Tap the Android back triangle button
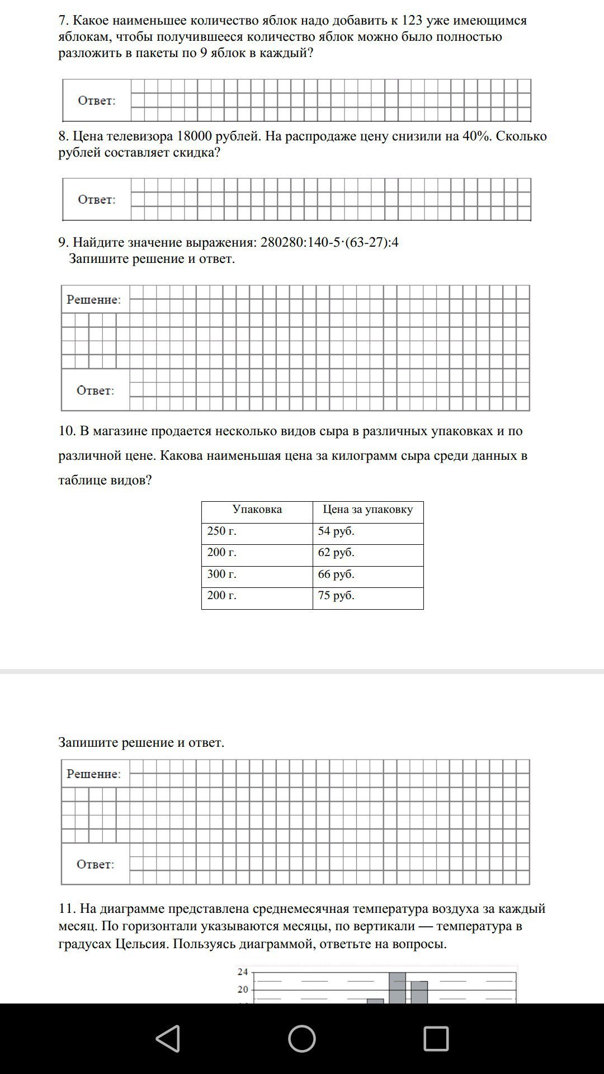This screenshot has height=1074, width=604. [168, 1038]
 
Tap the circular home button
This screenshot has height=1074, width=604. [302, 1038]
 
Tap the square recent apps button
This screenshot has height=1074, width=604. [436, 1038]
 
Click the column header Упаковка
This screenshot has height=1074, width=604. [257, 510]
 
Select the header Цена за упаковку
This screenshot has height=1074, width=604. [368, 510]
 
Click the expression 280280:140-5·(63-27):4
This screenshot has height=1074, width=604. [329, 242]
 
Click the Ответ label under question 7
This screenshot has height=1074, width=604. [97, 101]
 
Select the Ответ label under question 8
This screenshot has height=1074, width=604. [97, 200]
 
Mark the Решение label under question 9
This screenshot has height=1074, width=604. [94, 300]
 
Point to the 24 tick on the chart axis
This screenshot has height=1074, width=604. [243, 972]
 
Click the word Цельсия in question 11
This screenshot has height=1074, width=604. [142, 944]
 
